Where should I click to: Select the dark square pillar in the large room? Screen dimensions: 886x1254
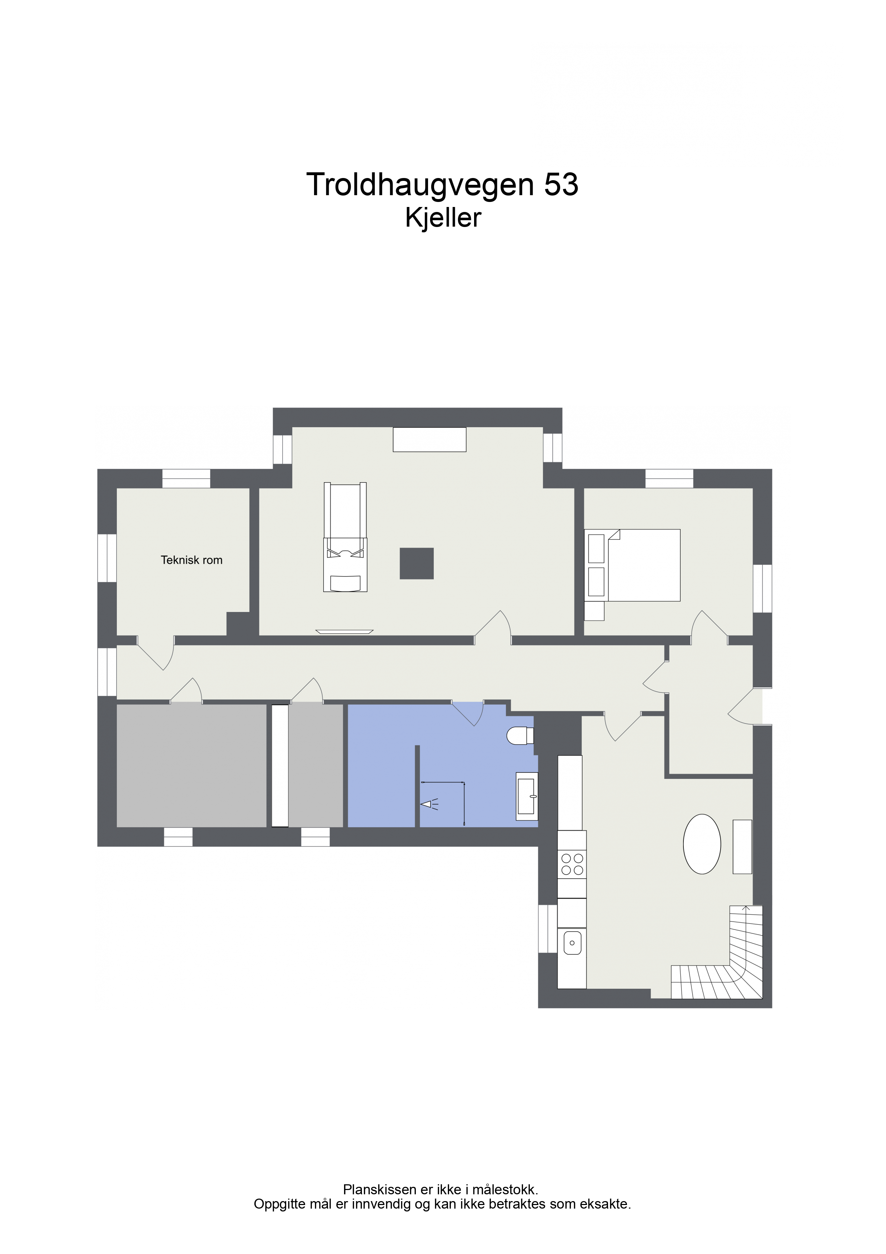pyautogui.click(x=417, y=563)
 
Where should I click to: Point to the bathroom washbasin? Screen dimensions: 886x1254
pyautogui.click(x=527, y=796)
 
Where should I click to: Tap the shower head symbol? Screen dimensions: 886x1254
pyautogui.click(x=429, y=804)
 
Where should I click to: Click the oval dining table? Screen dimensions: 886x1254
pyautogui.click(x=702, y=844)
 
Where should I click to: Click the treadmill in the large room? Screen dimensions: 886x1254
pyautogui.click(x=345, y=537)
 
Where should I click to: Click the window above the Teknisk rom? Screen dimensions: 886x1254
pyautogui.click(x=186, y=478)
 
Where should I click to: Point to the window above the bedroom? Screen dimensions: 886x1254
pyautogui.click(x=669, y=478)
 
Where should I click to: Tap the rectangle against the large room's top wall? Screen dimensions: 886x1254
pyautogui.click(x=430, y=440)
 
